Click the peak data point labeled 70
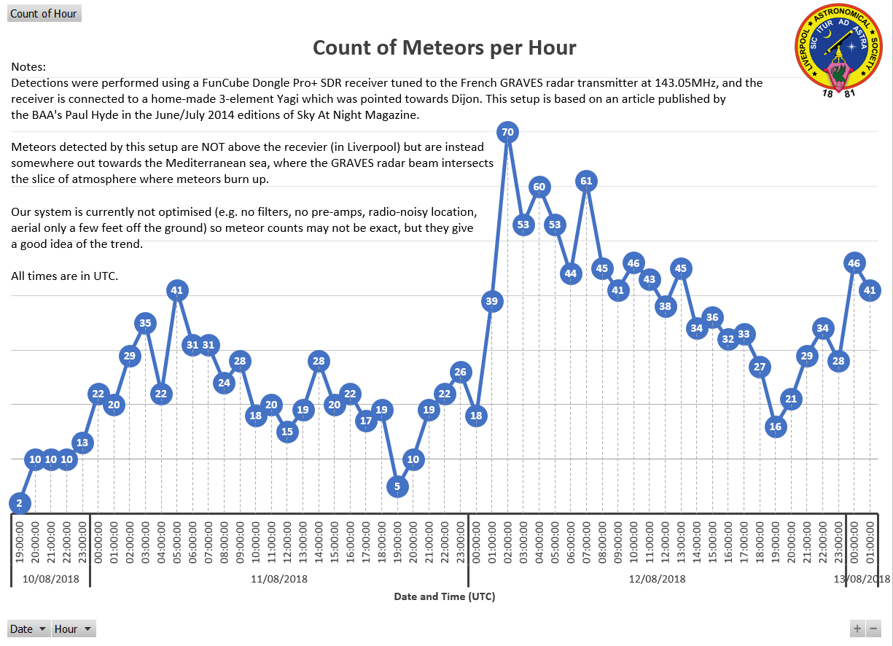pyautogui.click(x=508, y=132)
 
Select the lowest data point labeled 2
pyautogui.click(x=20, y=502)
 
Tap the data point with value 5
pyautogui.click(x=397, y=486)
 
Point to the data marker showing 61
pyautogui.click(x=587, y=181)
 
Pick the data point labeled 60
pyautogui.click(x=539, y=187)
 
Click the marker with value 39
pyautogui.click(x=492, y=300)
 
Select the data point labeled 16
pyautogui.click(x=776, y=427)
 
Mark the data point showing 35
pyautogui.click(x=145, y=323)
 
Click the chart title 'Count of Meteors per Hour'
pyautogui.click(x=444, y=48)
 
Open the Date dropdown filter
pyautogui.click(x=28, y=629)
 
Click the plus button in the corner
pyautogui.click(x=857, y=629)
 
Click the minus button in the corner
pyautogui.click(x=873, y=629)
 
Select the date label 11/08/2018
pyautogui.click(x=278, y=580)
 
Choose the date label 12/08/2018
pyautogui.click(x=657, y=580)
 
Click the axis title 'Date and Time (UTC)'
pyautogui.click(x=445, y=596)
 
